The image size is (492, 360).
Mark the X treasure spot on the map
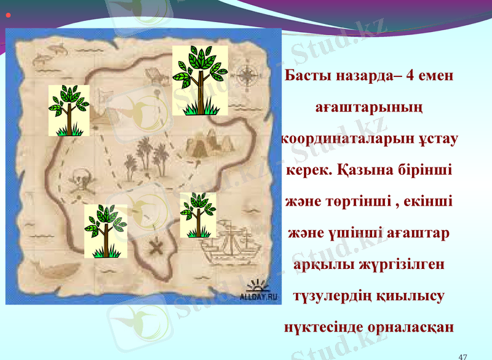pos(157,247)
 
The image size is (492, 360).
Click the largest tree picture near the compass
pos(200,80)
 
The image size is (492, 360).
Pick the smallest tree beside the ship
pos(198,215)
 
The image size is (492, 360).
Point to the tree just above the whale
pos(106,231)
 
